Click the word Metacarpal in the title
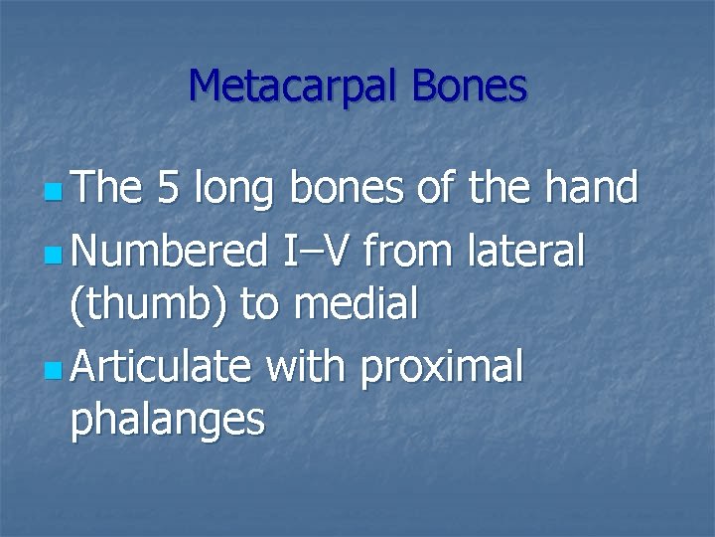coord(294,87)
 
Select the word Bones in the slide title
coord(470,87)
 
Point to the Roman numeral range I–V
coord(316,253)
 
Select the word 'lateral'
coord(525,253)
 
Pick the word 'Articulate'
coord(162,369)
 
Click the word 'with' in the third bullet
coord(304,369)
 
